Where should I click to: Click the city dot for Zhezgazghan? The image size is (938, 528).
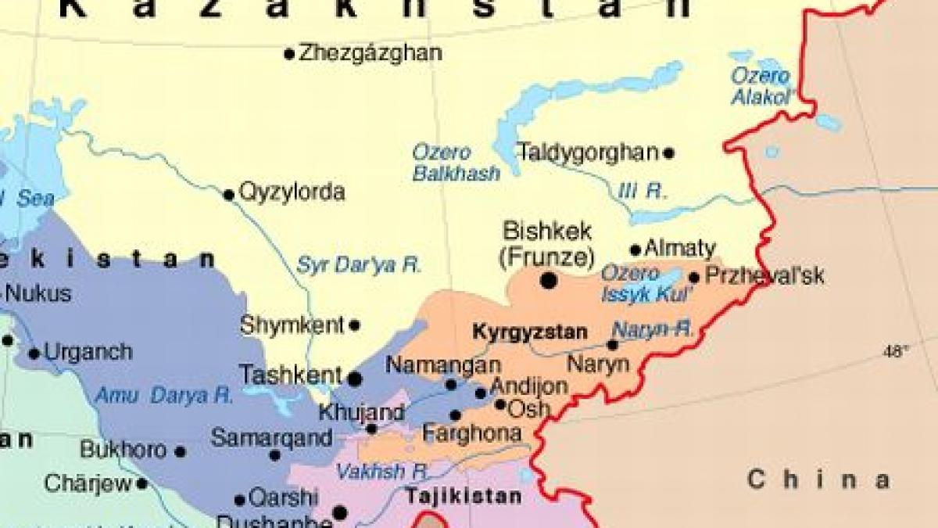tap(289, 54)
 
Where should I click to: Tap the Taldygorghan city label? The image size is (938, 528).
tap(588, 153)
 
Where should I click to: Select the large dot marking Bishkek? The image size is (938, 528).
tap(550, 279)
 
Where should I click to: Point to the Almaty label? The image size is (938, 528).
tap(680, 250)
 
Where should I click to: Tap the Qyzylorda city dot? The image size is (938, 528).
tap(229, 195)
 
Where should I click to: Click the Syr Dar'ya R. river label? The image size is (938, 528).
tap(359, 265)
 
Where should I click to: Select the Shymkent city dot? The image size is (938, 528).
tap(354, 325)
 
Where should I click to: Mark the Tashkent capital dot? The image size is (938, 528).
tap(354, 379)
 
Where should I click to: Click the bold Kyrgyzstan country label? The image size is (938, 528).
tap(529, 332)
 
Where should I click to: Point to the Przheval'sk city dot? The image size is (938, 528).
tap(694, 277)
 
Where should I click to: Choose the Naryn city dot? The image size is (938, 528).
tap(612, 345)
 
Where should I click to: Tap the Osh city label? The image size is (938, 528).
tap(529, 408)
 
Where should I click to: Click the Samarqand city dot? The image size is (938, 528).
tap(274, 454)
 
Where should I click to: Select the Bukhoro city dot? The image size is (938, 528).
tap(180, 451)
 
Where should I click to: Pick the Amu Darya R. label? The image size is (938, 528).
tap(164, 396)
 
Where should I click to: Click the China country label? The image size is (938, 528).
tap(818, 480)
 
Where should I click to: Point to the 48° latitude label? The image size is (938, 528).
tap(896, 351)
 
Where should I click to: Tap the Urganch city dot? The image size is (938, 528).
tap(34, 354)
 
